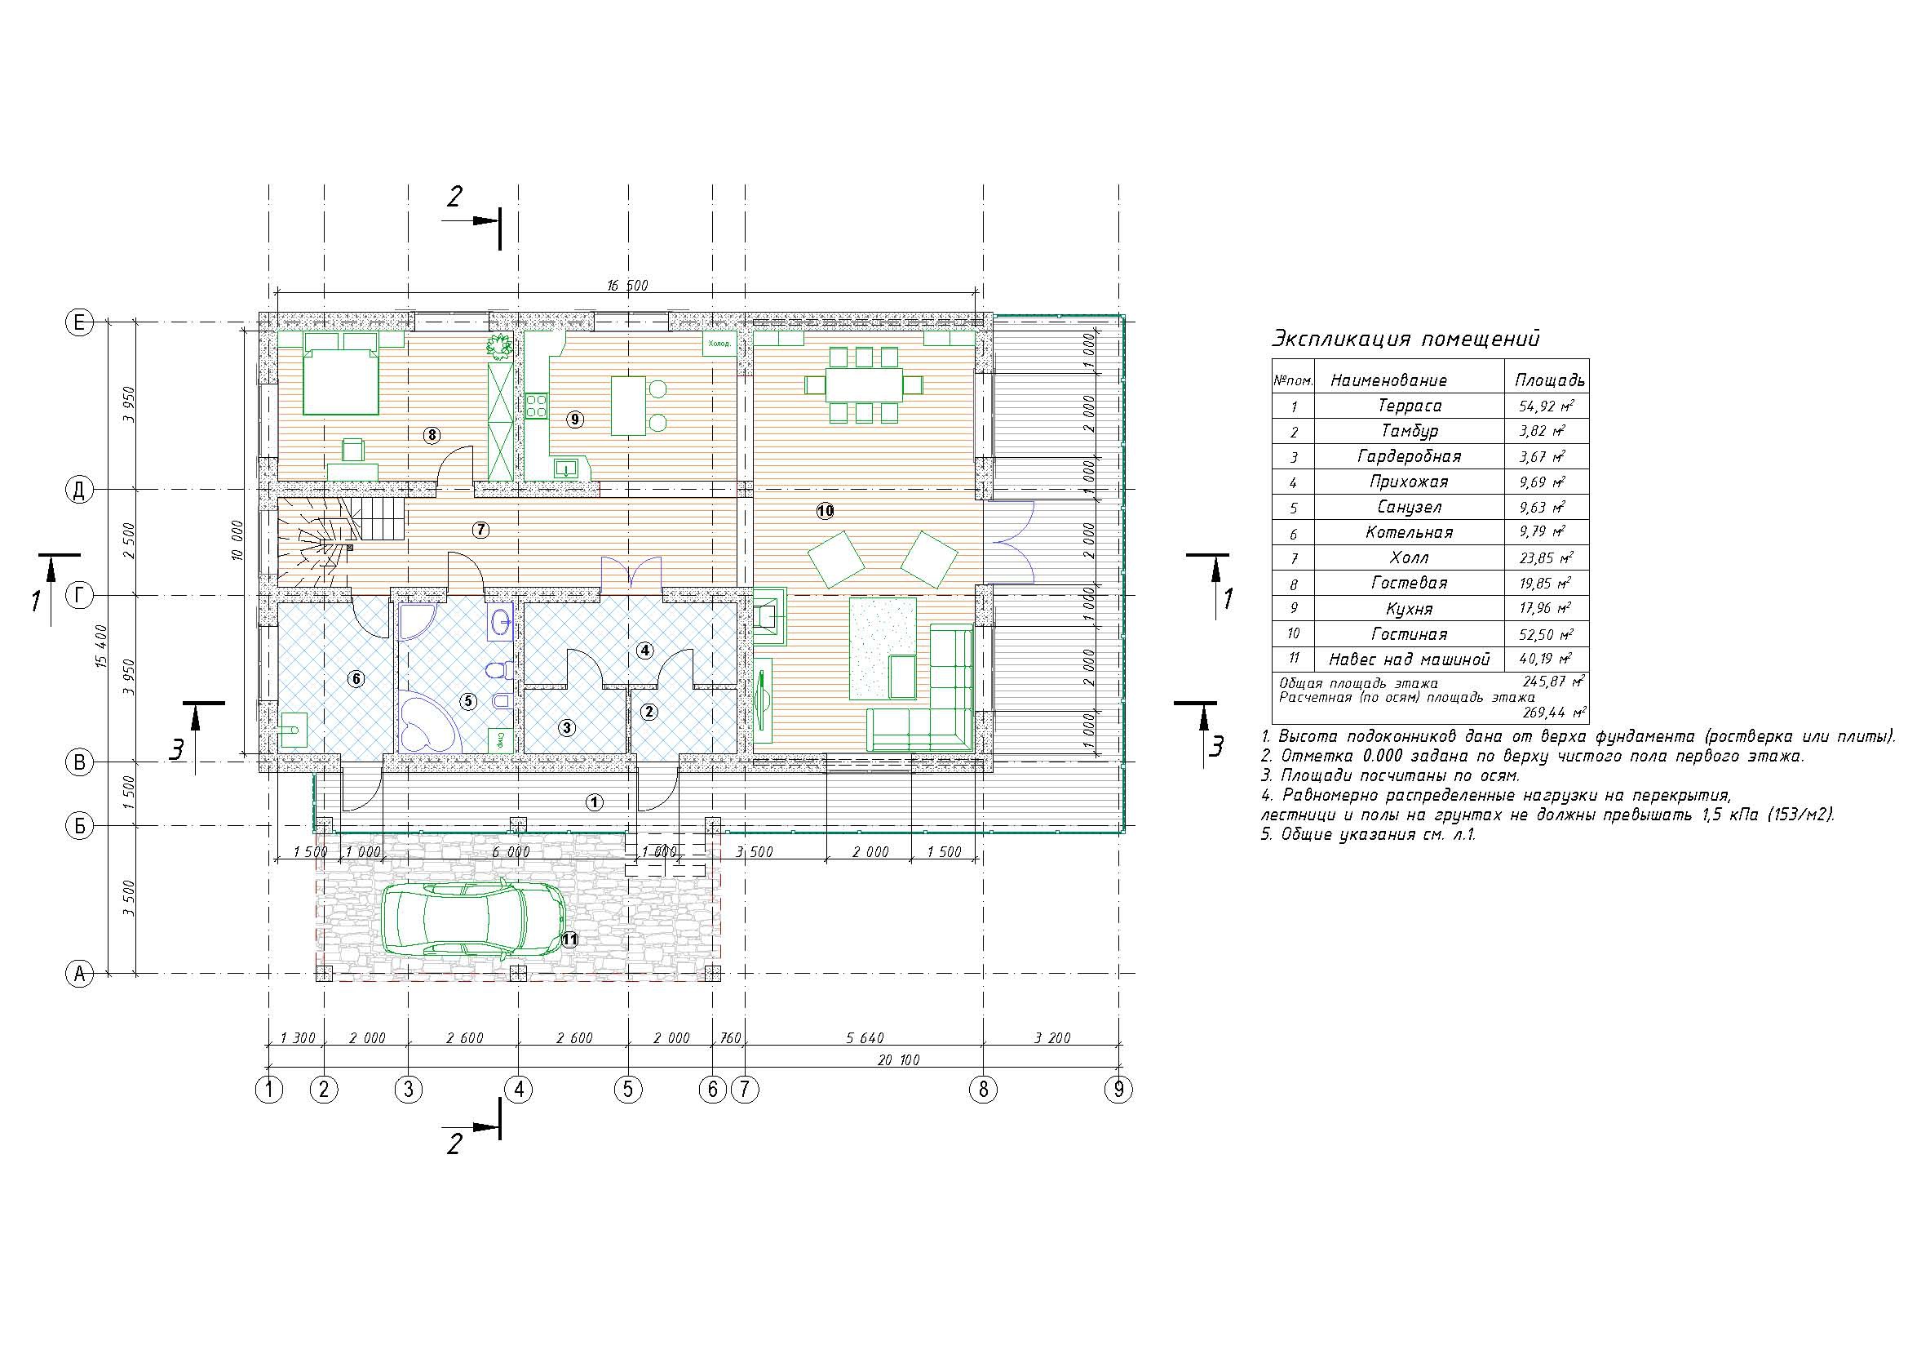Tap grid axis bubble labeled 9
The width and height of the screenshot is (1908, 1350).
click(x=1118, y=1090)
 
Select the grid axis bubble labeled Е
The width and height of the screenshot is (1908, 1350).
click(x=79, y=322)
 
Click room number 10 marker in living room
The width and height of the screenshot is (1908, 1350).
click(x=825, y=512)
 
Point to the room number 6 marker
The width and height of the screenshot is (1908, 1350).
click(x=356, y=679)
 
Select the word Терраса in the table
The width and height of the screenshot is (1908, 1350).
click(x=1410, y=406)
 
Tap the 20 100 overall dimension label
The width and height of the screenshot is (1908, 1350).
click(x=897, y=1060)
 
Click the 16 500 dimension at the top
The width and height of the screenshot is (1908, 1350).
click(x=627, y=285)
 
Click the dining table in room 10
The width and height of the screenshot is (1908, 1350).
click(x=862, y=385)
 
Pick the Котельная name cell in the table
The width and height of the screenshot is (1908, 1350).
click(x=1410, y=532)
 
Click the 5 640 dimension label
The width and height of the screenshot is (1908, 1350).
click(x=864, y=1038)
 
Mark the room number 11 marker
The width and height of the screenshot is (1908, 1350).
click(x=569, y=939)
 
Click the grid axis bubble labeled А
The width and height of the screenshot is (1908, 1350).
click(x=79, y=974)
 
